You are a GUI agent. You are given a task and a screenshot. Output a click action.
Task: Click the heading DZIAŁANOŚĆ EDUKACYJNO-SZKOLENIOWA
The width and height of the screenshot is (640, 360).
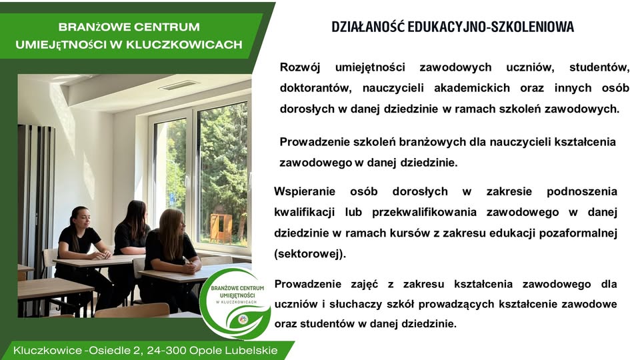click(x=453, y=27)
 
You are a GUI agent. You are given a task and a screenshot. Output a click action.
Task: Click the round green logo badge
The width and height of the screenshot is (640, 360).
click(x=235, y=303)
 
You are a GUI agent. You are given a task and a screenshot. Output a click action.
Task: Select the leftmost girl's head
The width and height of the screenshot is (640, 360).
click(x=78, y=217)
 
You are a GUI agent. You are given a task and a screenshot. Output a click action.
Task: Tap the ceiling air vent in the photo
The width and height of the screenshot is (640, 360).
click(x=179, y=85)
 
